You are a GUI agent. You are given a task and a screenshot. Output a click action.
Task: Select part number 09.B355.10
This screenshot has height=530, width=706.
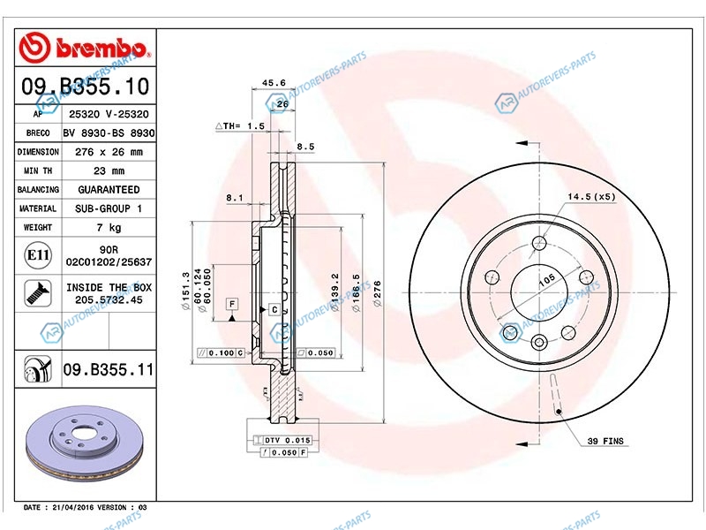click(x=85, y=86)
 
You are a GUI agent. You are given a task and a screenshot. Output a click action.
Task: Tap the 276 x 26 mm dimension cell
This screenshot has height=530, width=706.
click(x=109, y=152)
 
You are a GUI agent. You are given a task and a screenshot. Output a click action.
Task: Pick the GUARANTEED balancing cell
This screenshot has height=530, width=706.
click(x=109, y=190)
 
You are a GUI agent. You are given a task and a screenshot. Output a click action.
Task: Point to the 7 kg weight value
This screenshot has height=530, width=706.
click(x=109, y=228)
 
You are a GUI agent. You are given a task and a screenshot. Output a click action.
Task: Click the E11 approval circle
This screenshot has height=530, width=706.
click(x=38, y=255)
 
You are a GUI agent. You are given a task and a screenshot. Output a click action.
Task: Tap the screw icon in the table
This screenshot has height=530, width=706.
click(x=38, y=293)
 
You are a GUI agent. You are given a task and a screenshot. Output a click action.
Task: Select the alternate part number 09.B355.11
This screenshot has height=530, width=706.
click(x=109, y=369)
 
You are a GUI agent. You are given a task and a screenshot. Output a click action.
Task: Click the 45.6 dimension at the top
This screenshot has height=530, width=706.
click(x=274, y=82)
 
